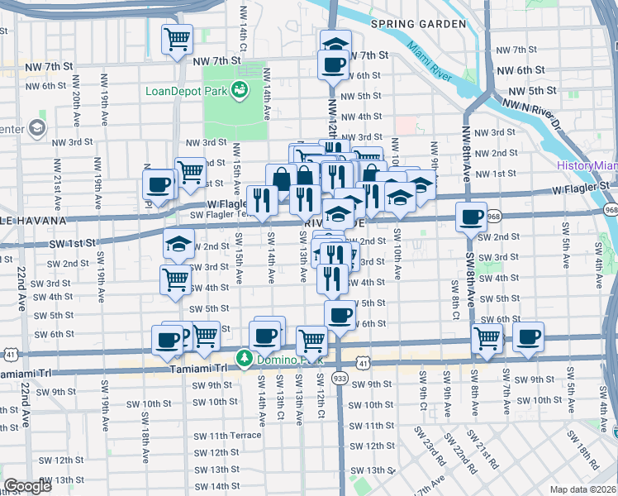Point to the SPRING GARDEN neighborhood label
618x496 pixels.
[418, 24]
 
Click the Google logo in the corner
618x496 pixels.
[27, 486]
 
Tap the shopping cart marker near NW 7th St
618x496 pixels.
[177, 38]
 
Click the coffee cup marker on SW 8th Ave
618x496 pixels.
[471, 217]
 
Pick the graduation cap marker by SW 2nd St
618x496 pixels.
[178, 246]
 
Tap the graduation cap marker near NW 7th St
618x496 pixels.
[335, 43]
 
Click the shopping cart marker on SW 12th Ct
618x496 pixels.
[311, 338]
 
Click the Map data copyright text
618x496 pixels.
[582, 489]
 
